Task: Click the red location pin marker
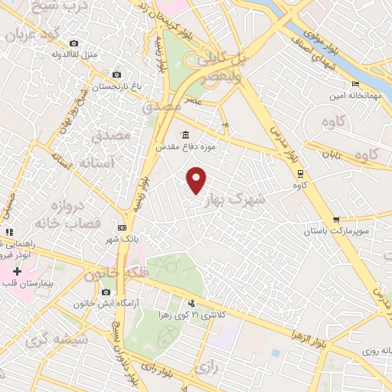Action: coord(198,178)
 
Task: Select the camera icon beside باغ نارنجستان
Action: coord(116,74)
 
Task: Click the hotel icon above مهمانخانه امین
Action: coord(354,84)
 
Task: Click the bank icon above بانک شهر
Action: coord(122,228)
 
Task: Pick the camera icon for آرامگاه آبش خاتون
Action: coord(105,292)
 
